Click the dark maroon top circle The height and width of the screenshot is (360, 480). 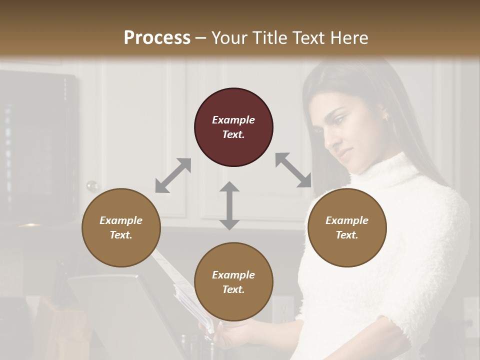(x=233, y=127)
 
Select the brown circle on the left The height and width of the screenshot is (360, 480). (x=121, y=227)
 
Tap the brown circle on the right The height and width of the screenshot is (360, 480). (x=347, y=227)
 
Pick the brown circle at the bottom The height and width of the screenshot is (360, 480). (x=233, y=282)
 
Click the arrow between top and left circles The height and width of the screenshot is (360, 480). (x=173, y=175)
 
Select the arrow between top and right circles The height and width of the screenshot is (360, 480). (x=293, y=170)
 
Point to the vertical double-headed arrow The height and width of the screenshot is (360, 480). (x=229, y=205)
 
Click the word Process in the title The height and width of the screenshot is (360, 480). (x=157, y=37)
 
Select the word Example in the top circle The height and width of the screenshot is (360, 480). (x=233, y=120)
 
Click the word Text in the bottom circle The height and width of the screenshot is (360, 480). (x=233, y=289)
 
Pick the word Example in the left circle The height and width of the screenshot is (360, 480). (x=121, y=220)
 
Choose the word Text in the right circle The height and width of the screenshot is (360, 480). (x=347, y=235)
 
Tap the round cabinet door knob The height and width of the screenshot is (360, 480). (x=92, y=186)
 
